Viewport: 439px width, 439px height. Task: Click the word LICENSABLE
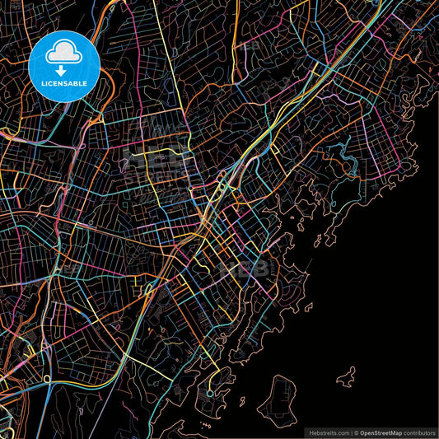pyautogui.click(x=63, y=84)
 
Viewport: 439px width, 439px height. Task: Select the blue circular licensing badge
pyautogui.click(x=63, y=65)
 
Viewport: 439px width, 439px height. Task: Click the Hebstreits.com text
pyautogui.click(x=328, y=432)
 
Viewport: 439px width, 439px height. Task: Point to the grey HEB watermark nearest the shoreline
pyautogui.click(x=252, y=268)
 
